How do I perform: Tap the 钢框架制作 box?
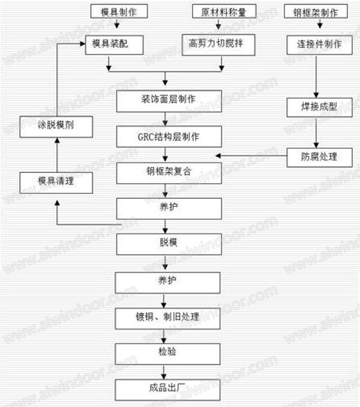pos(317,11)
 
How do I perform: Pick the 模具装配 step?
pos(110,44)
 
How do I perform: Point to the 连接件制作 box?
pos(319,44)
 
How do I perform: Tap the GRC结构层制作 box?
pos(167,137)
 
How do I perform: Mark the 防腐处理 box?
pos(319,157)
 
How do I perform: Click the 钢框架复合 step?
pos(167,172)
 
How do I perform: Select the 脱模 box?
pos(167,244)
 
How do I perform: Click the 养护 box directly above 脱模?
pos(167,208)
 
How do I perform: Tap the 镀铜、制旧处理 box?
pos(167,318)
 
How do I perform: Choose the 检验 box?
pos(167,352)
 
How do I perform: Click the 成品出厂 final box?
pos(167,388)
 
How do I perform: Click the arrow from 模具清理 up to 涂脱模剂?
pos(57,154)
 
